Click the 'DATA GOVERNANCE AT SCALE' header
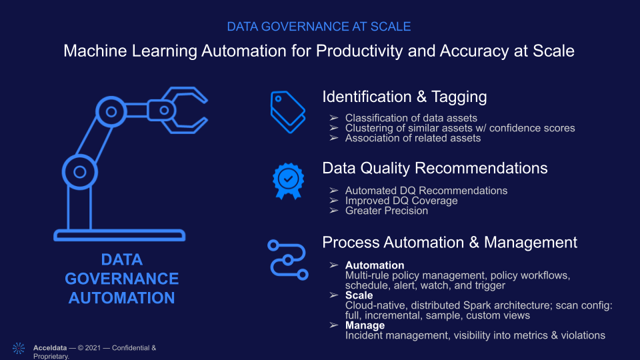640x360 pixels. tap(319, 27)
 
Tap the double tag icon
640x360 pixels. tap(288, 112)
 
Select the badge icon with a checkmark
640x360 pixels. tap(288, 181)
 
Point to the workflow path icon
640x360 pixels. tap(288, 260)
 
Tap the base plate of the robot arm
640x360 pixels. tap(119, 235)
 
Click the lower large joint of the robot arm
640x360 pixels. tap(80, 172)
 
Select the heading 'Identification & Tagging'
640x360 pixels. tap(405, 97)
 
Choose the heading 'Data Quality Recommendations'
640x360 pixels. tap(435, 168)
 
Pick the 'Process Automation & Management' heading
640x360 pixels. tap(450, 243)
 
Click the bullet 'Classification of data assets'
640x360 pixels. tap(411, 118)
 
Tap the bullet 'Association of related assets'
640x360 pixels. tap(413, 138)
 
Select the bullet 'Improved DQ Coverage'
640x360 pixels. tap(401, 201)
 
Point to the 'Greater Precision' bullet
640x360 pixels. tap(387, 211)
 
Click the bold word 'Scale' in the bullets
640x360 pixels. tap(359, 295)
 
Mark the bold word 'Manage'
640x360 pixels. tap(365, 325)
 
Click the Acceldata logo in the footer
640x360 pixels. tap(19, 348)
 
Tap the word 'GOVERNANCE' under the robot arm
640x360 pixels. tap(121, 279)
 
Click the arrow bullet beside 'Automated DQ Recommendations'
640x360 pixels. tap(334, 191)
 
